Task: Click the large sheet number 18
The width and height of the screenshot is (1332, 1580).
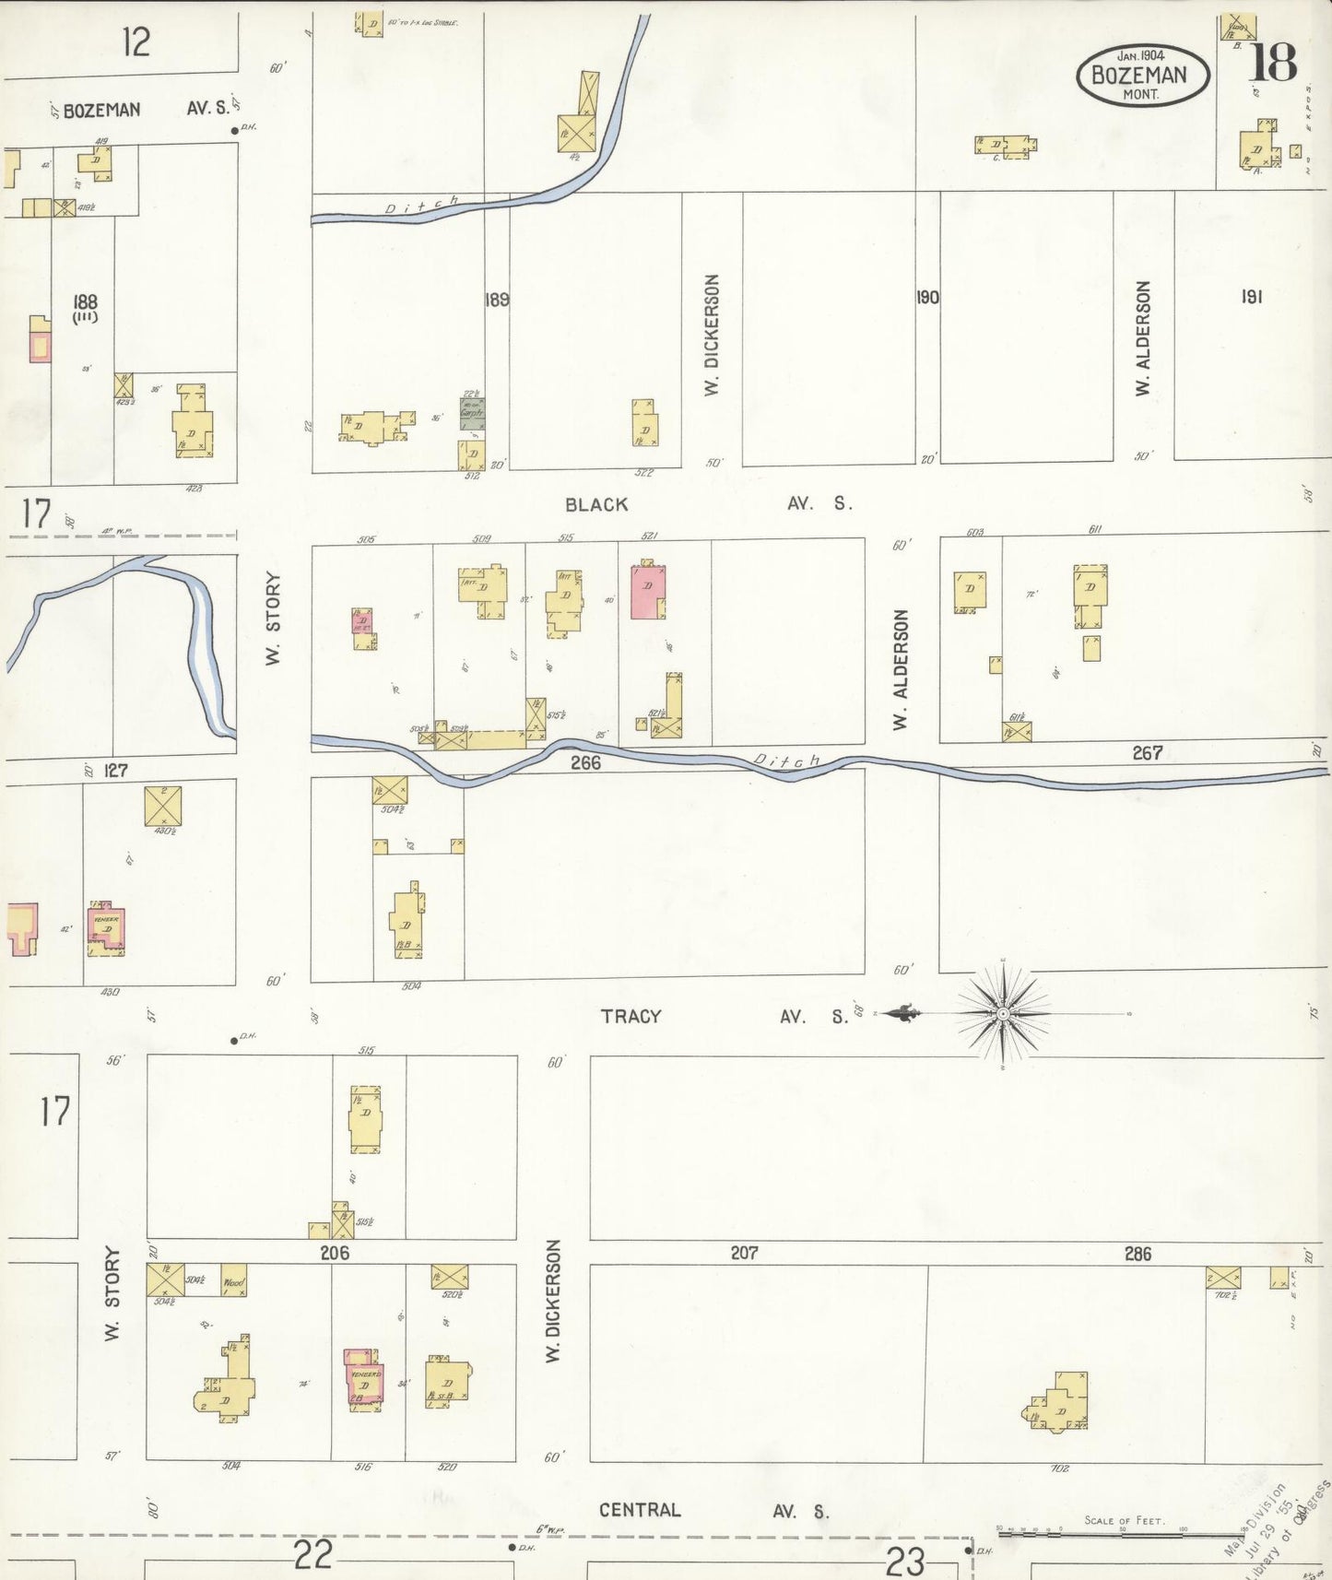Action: tap(1273, 63)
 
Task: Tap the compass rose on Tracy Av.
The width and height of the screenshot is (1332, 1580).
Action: tap(1003, 1014)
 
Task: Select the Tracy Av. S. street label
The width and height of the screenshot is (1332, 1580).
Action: tap(724, 1016)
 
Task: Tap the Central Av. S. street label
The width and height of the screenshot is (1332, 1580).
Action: tap(713, 1510)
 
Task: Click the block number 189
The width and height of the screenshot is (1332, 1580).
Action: tap(497, 300)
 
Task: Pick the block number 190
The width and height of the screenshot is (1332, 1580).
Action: tap(927, 297)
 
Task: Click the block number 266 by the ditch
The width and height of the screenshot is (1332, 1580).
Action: tap(585, 762)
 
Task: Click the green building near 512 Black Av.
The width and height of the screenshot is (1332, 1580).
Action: tap(472, 413)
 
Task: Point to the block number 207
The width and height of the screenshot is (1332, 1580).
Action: tap(744, 1253)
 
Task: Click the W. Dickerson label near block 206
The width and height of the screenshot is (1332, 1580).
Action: tap(553, 1301)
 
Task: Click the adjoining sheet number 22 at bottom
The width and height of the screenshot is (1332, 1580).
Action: tap(312, 1556)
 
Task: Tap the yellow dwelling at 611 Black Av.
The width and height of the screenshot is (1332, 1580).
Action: tap(1090, 595)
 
